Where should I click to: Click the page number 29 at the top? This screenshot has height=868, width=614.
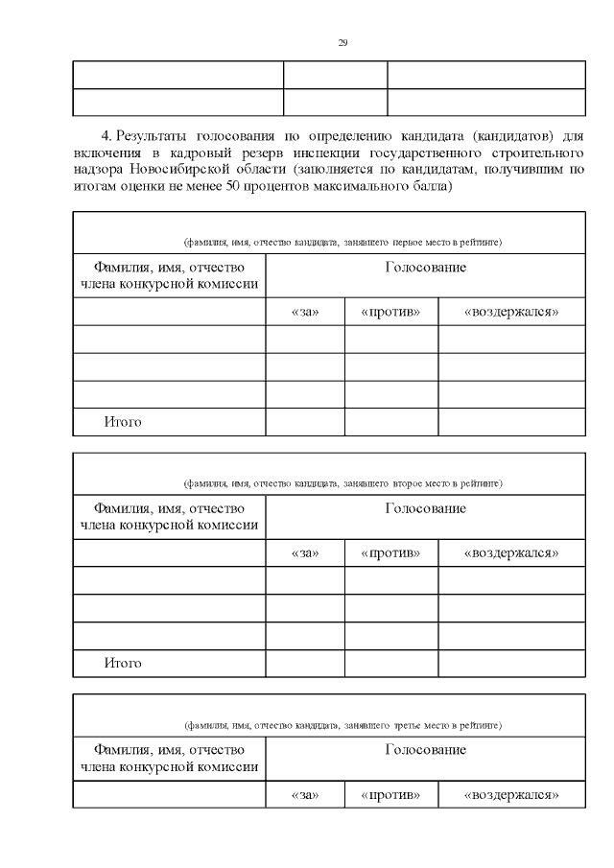tap(342, 43)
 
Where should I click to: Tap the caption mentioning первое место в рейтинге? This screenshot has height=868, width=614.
tap(342, 241)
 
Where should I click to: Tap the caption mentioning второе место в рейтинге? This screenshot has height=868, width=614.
tap(342, 482)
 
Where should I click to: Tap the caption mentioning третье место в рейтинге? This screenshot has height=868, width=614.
tap(342, 724)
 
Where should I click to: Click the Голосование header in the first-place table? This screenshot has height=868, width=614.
tap(425, 268)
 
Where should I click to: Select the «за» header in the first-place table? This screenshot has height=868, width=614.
tap(304, 312)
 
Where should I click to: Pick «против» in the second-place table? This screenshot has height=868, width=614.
tap(390, 553)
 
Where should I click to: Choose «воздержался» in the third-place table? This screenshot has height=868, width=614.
tap(510, 795)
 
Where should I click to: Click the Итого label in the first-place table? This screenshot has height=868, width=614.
tap(123, 422)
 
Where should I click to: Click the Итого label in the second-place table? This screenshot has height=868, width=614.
tap(123, 664)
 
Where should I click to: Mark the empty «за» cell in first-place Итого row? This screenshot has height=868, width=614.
tap(304, 422)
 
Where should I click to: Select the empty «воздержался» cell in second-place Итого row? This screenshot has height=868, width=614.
tap(510, 664)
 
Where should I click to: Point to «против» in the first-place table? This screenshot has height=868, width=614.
tap(390, 312)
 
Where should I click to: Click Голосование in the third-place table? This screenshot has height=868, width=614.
tap(425, 750)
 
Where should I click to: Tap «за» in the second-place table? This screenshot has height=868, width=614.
tap(304, 553)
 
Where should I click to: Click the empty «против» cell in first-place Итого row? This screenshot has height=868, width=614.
tap(390, 422)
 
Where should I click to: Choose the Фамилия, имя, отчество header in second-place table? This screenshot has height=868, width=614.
tap(169, 516)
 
